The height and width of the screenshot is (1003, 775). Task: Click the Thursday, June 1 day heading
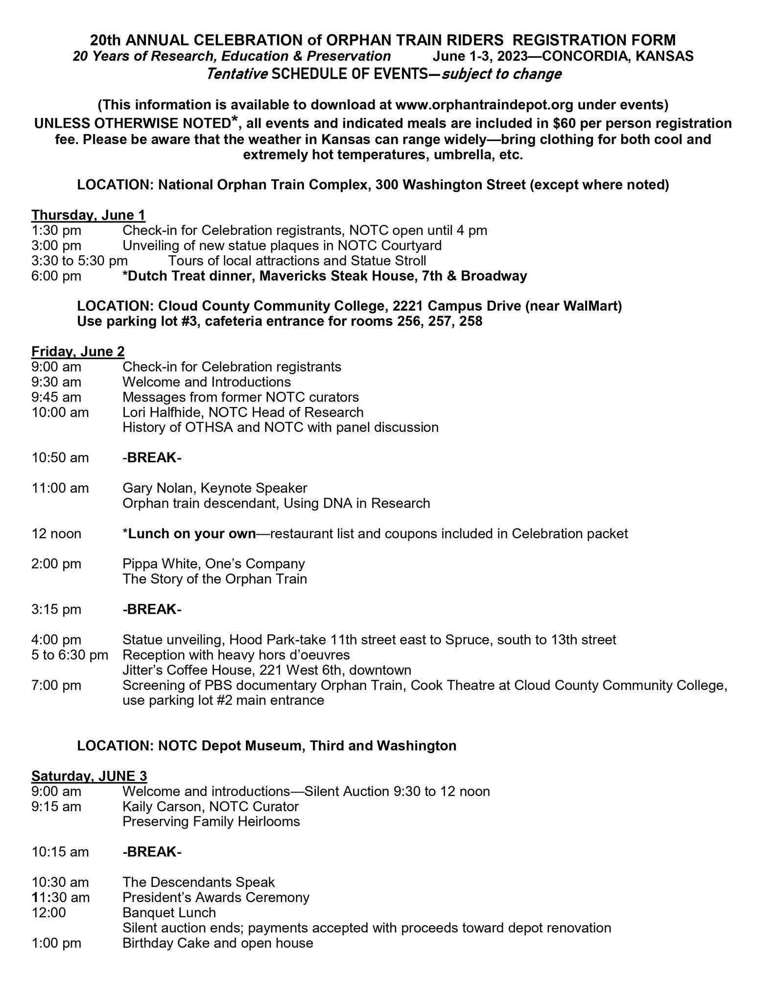tap(88, 215)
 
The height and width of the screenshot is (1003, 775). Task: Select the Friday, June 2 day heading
tap(78, 351)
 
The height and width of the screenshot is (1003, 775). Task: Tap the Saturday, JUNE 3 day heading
tap(89, 776)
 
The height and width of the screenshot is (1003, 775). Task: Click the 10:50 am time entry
tap(60, 457)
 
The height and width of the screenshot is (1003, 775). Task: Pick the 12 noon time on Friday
tap(56, 533)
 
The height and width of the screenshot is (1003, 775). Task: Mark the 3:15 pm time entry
tap(56, 609)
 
